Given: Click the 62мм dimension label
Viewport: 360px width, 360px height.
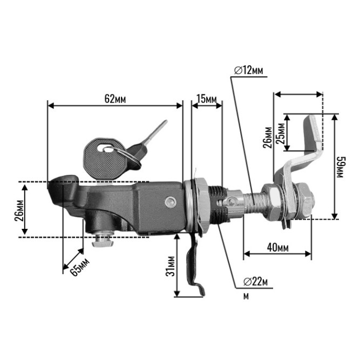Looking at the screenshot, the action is (x=115, y=99).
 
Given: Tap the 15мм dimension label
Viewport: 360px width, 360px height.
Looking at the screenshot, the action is (x=207, y=99).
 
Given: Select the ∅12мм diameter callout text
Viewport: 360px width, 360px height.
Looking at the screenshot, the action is (x=248, y=71).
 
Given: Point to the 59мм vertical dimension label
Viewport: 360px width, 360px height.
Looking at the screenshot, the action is (x=339, y=167).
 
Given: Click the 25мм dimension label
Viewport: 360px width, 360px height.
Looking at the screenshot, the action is (x=280, y=133).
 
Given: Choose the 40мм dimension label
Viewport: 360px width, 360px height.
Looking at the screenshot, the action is (x=277, y=247).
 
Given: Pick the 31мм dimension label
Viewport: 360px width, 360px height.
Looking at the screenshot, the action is (x=171, y=266).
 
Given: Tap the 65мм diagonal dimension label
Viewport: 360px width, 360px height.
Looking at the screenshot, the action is (x=79, y=267).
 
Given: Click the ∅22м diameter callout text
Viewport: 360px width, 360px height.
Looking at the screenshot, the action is (x=255, y=281).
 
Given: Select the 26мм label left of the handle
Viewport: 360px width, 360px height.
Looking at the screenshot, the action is (x=19, y=210).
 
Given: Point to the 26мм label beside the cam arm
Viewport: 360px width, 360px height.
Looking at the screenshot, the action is (x=268, y=138).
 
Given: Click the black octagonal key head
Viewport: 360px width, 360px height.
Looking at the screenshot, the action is (x=105, y=159).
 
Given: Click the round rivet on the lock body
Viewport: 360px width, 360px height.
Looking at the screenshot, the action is (x=171, y=202).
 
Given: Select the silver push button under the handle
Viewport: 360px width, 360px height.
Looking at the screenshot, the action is (x=103, y=240).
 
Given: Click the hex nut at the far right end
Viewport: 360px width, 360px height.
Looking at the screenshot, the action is (x=304, y=200).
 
